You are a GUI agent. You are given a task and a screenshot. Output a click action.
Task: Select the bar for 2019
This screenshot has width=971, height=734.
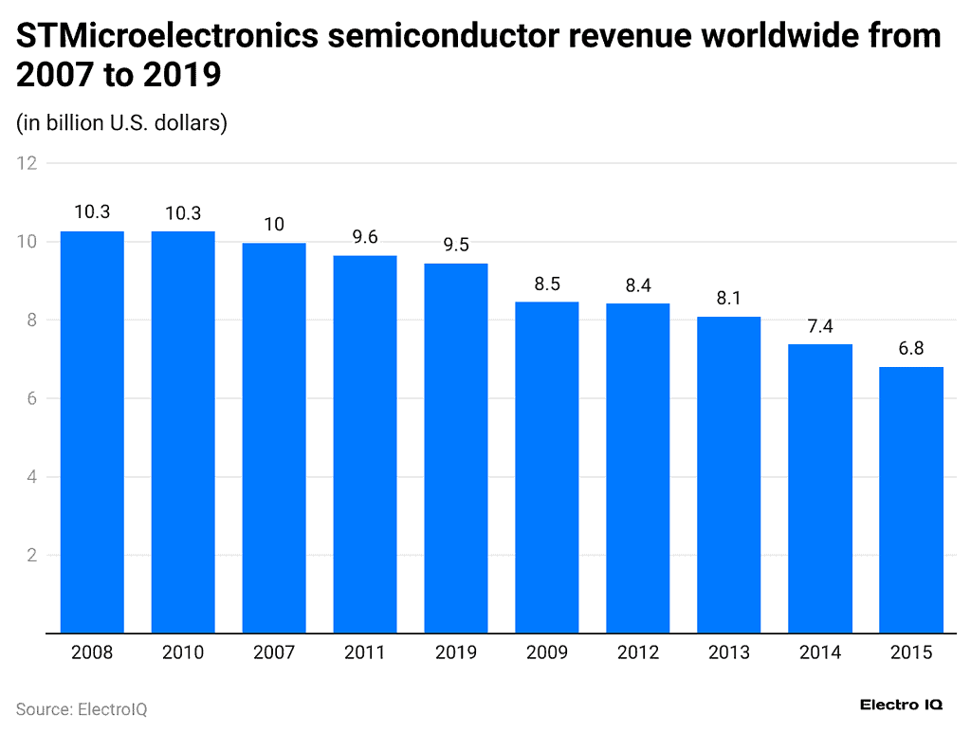click(x=456, y=448)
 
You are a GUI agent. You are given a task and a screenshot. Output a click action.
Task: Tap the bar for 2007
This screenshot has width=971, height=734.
click(x=274, y=437)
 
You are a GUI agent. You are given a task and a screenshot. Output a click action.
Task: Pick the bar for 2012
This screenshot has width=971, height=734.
click(x=638, y=468)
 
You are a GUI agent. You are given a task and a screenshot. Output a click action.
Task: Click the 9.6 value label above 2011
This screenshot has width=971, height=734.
click(x=365, y=238)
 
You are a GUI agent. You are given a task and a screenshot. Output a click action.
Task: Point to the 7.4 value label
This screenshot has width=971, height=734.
click(x=820, y=326)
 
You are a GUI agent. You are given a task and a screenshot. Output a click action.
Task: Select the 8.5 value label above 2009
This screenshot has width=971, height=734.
click(x=547, y=284)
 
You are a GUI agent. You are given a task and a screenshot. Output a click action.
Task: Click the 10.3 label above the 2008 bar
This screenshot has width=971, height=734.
click(x=92, y=212)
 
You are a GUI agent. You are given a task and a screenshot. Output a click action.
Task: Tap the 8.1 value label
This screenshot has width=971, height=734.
click(x=729, y=299)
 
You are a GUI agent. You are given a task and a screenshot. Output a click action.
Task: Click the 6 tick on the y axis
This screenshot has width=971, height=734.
click(x=31, y=398)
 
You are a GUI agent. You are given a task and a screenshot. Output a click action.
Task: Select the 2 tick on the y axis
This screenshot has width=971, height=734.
click(x=31, y=555)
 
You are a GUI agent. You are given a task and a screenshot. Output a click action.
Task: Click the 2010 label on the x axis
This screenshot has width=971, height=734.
click(x=183, y=652)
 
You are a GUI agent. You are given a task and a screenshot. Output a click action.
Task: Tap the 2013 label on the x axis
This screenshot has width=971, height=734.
click(x=729, y=652)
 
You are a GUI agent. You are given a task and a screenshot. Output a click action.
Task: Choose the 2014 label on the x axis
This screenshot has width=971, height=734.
click(x=820, y=652)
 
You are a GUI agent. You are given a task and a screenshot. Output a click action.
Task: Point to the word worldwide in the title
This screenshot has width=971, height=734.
click(x=784, y=37)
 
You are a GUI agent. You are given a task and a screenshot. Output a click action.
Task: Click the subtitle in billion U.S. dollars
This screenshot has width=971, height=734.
click(x=121, y=122)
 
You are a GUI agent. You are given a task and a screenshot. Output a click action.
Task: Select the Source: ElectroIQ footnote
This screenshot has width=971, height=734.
click(x=82, y=708)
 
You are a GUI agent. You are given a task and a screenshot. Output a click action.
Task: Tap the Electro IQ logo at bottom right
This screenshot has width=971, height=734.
click(x=901, y=705)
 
